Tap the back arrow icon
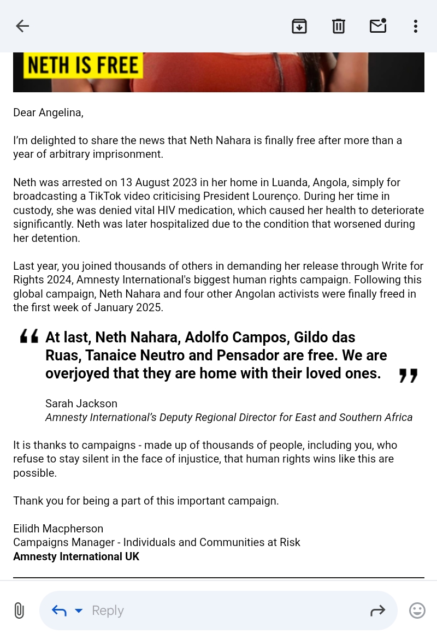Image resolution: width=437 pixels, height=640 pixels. [x=22, y=26]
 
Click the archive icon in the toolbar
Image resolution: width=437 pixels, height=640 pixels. [x=299, y=26]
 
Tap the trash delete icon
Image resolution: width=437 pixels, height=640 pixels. [x=339, y=26]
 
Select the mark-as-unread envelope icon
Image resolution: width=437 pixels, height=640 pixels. [x=378, y=26]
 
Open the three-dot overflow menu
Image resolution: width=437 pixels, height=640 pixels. [x=416, y=26]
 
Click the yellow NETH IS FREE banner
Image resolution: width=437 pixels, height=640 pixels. [x=83, y=66]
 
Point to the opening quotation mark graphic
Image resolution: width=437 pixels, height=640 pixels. [x=29, y=336]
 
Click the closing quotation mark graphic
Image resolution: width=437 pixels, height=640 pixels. [x=408, y=376]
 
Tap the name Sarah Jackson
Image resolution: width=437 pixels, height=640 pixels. [x=81, y=404]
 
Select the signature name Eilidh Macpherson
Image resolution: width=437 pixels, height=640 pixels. [x=58, y=529]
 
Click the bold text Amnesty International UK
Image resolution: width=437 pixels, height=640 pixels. [x=76, y=556]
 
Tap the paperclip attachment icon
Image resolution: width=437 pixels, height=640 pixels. [x=19, y=610]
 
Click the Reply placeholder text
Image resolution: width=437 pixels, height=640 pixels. [x=108, y=611]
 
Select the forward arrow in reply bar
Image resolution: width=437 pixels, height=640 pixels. [x=377, y=611]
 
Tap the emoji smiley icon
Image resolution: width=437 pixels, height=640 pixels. [x=417, y=611]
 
